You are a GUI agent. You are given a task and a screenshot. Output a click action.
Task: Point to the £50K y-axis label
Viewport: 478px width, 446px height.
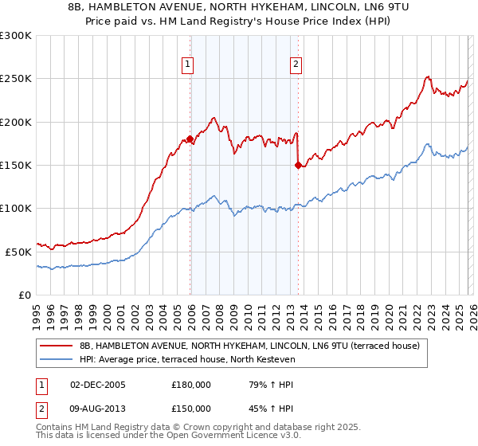click(18, 252)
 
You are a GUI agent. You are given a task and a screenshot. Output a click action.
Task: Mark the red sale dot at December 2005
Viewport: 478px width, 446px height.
click(190, 139)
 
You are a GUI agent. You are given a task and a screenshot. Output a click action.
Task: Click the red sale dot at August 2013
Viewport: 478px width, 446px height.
click(298, 166)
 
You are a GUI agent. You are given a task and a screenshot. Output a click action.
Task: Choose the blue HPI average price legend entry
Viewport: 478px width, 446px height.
click(187, 360)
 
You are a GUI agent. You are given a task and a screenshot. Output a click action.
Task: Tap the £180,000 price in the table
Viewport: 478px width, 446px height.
click(191, 384)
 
